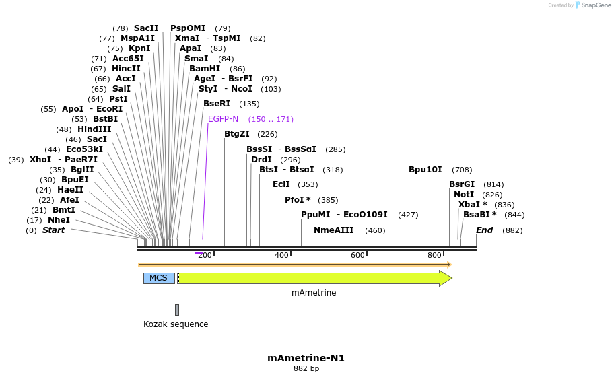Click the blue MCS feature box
[159, 278]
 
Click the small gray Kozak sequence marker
[177, 310]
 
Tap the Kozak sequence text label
[176, 324]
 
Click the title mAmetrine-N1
[306, 358]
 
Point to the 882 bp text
[306, 369]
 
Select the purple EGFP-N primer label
[223, 119]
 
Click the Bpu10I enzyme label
[425, 170]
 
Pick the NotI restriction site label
[464, 195]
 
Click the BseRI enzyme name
[217, 104]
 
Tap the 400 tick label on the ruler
[281, 255]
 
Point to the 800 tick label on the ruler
[434, 255]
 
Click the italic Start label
[53, 230]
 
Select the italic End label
[484, 230]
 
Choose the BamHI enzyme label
[205, 69]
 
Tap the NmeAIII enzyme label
[333, 230]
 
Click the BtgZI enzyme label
[237, 134]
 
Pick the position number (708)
[462, 170]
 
